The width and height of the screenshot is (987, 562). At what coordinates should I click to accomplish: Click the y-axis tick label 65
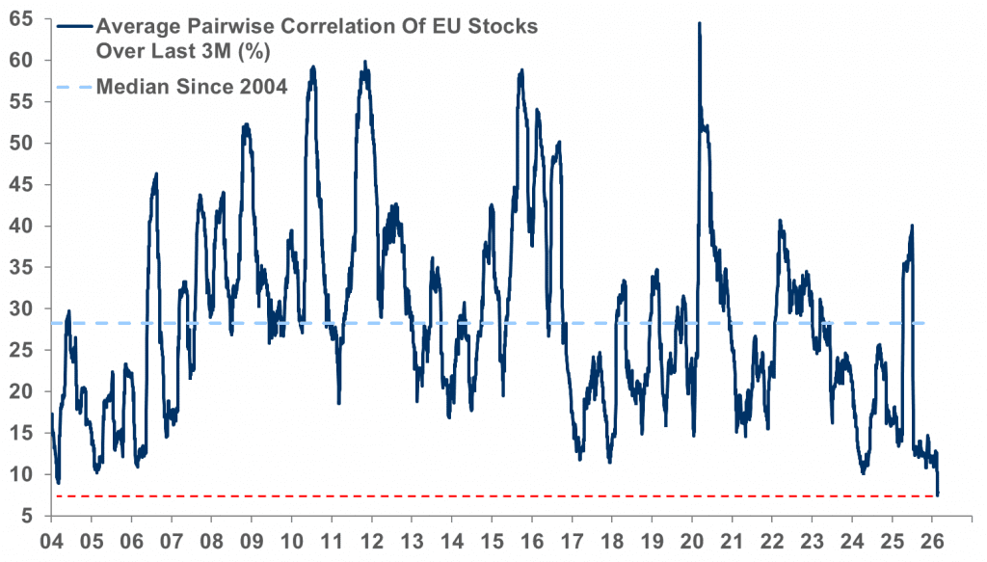[x=22, y=18]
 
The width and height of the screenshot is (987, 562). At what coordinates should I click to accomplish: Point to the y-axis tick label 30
[x=22, y=308]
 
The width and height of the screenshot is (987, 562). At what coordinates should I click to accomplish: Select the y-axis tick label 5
[x=28, y=516]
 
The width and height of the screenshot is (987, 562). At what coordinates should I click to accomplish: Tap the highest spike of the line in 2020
[x=699, y=23]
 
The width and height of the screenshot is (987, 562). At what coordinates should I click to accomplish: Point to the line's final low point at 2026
[x=938, y=494]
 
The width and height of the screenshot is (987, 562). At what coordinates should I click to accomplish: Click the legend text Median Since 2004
[x=198, y=88]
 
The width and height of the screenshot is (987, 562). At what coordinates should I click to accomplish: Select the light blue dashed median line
[x=578, y=323]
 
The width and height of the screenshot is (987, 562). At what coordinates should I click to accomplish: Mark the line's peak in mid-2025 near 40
[x=912, y=226]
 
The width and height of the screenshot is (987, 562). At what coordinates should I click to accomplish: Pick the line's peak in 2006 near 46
[x=156, y=174]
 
